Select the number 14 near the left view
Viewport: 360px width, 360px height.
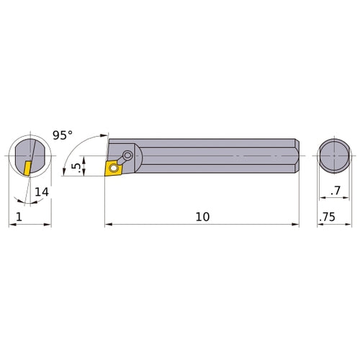click(x=41, y=192)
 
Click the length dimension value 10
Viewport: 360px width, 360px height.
click(x=202, y=217)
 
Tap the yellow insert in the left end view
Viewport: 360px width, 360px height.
click(x=27, y=168)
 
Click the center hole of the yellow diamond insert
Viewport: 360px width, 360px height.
click(x=113, y=168)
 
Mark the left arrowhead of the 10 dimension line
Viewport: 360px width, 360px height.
click(x=109, y=225)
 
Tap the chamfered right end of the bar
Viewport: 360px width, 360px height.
click(x=295, y=156)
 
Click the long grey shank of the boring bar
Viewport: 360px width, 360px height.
click(x=216, y=156)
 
